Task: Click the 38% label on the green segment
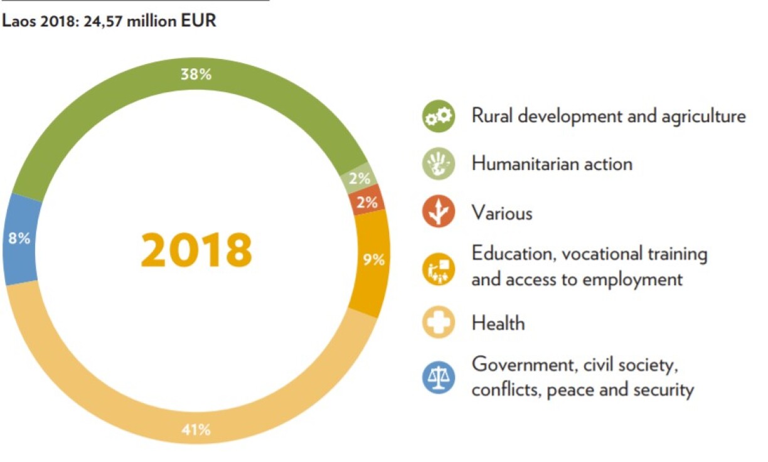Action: point(196,75)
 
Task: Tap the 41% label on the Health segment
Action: point(196,430)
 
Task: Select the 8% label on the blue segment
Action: point(19,239)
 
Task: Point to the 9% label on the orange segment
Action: point(374,259)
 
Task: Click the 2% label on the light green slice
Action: point(360,179)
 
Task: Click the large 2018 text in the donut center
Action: point(196,250)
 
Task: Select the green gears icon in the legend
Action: point(438,117)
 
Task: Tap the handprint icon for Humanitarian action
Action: point(438,164)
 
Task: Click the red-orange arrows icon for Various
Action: point(438,213)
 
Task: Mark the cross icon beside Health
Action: point(438,323)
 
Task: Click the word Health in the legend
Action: point(498,323)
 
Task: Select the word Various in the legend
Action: point(502,213)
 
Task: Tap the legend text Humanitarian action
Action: point(552,164)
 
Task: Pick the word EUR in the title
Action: point(201,21)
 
